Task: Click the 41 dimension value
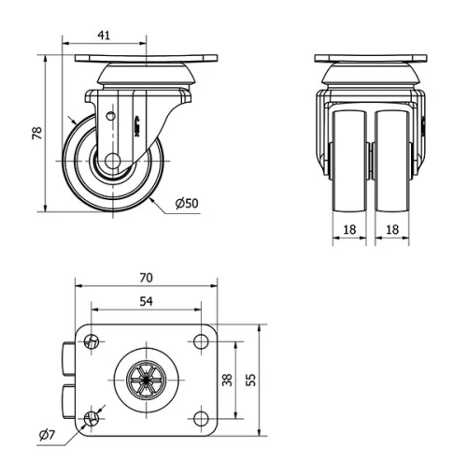[105, 35]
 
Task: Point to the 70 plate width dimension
[146, 279]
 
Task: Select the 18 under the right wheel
[394, 227]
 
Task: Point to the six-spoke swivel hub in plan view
[145, 380]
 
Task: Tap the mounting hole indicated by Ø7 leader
[92, 417]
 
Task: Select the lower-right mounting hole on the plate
[200, 417]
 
